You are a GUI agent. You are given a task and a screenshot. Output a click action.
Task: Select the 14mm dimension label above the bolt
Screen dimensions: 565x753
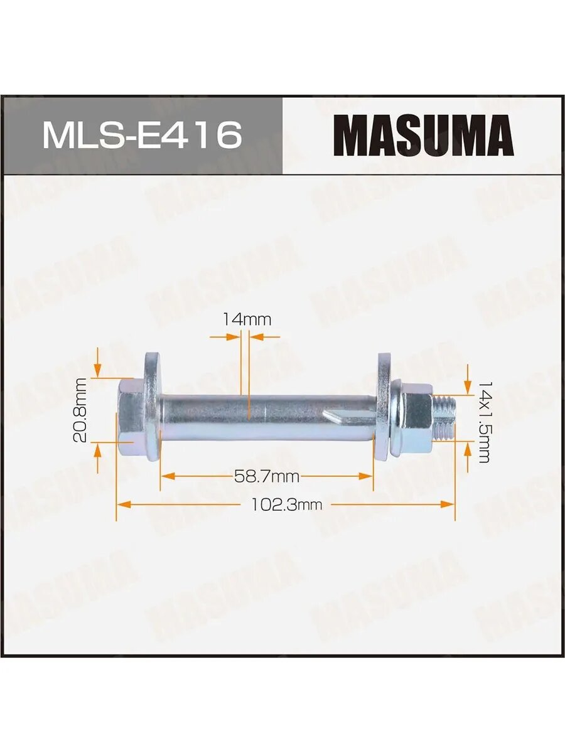click(x=247, y=319)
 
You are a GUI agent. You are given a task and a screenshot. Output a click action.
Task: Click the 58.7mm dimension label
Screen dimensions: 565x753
click(x=267, y=476)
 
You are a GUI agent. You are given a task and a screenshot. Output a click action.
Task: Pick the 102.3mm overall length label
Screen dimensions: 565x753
click(x=286, y=505)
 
